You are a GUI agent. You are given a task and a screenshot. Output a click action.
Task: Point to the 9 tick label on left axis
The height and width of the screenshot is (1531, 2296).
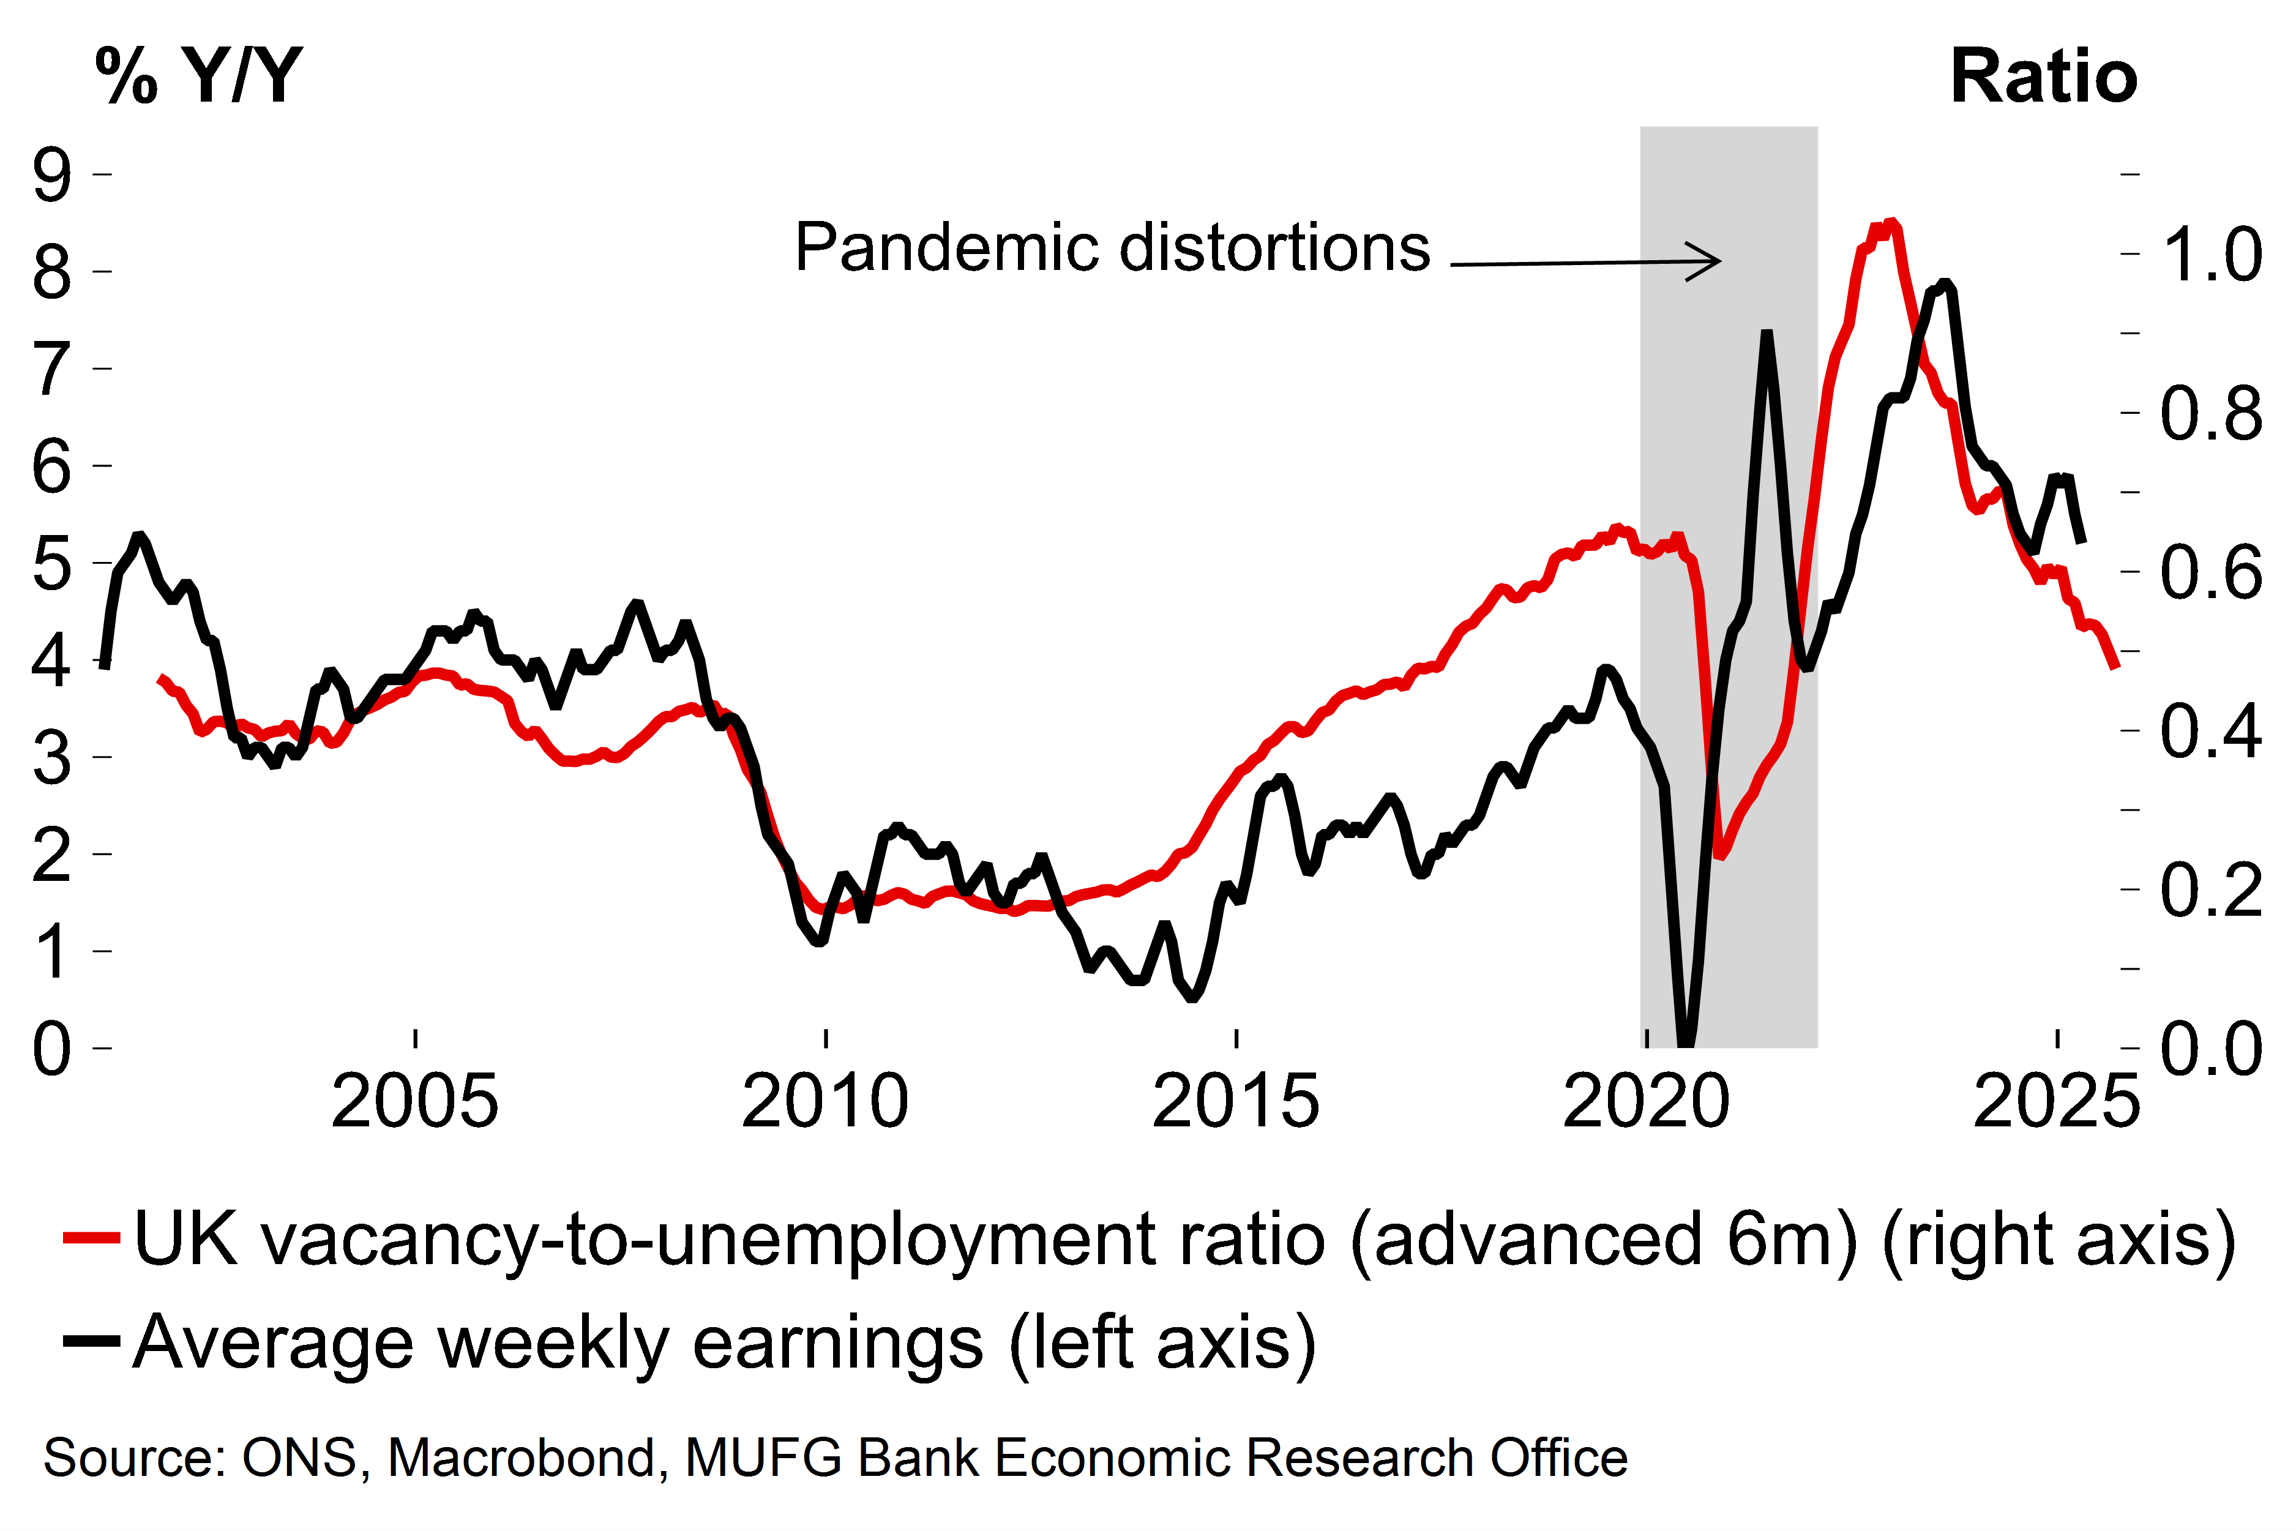[52, 176]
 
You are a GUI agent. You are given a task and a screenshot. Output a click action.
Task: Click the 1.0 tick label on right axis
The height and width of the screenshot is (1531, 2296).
[2211, 255]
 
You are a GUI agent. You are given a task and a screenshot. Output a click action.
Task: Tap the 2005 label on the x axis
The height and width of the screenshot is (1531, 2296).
[415, 1101]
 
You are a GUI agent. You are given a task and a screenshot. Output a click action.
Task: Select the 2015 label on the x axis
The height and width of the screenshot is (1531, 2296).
[1236, 1101]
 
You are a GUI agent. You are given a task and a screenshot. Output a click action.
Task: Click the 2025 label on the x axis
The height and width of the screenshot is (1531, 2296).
[2057, 1101]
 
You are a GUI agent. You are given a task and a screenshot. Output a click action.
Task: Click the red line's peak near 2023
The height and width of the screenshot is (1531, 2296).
[1891, 223]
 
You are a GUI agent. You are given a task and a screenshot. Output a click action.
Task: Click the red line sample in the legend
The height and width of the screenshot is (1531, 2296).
[91, 1238]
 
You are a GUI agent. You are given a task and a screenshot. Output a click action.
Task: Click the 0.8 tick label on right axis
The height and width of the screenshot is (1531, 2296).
[2211, 414]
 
